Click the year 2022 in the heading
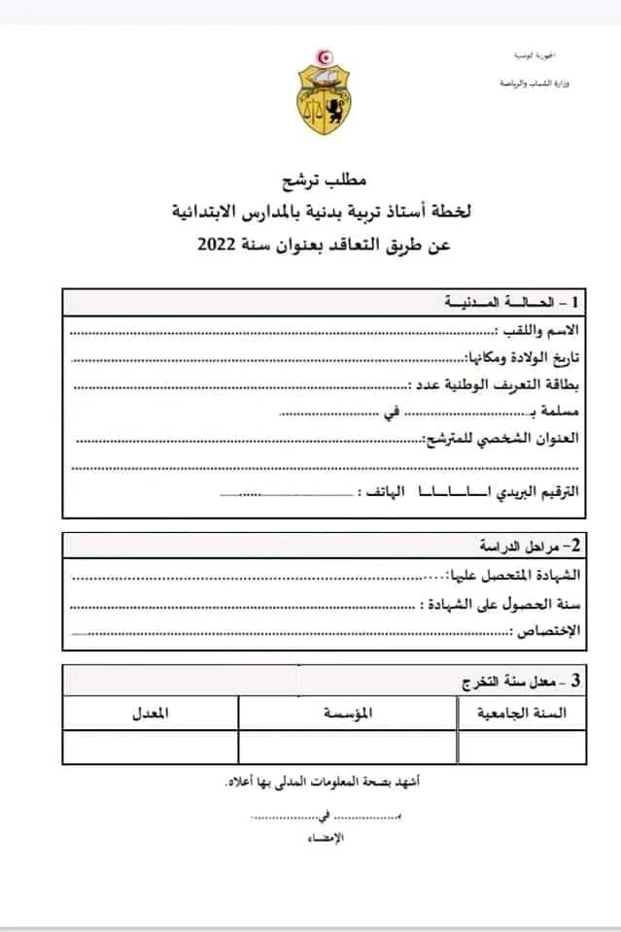(x=215, y=245)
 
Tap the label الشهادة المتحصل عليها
(x=511, y=577)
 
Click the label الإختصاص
(x=546, y=631)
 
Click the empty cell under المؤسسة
(x=348, y=747)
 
